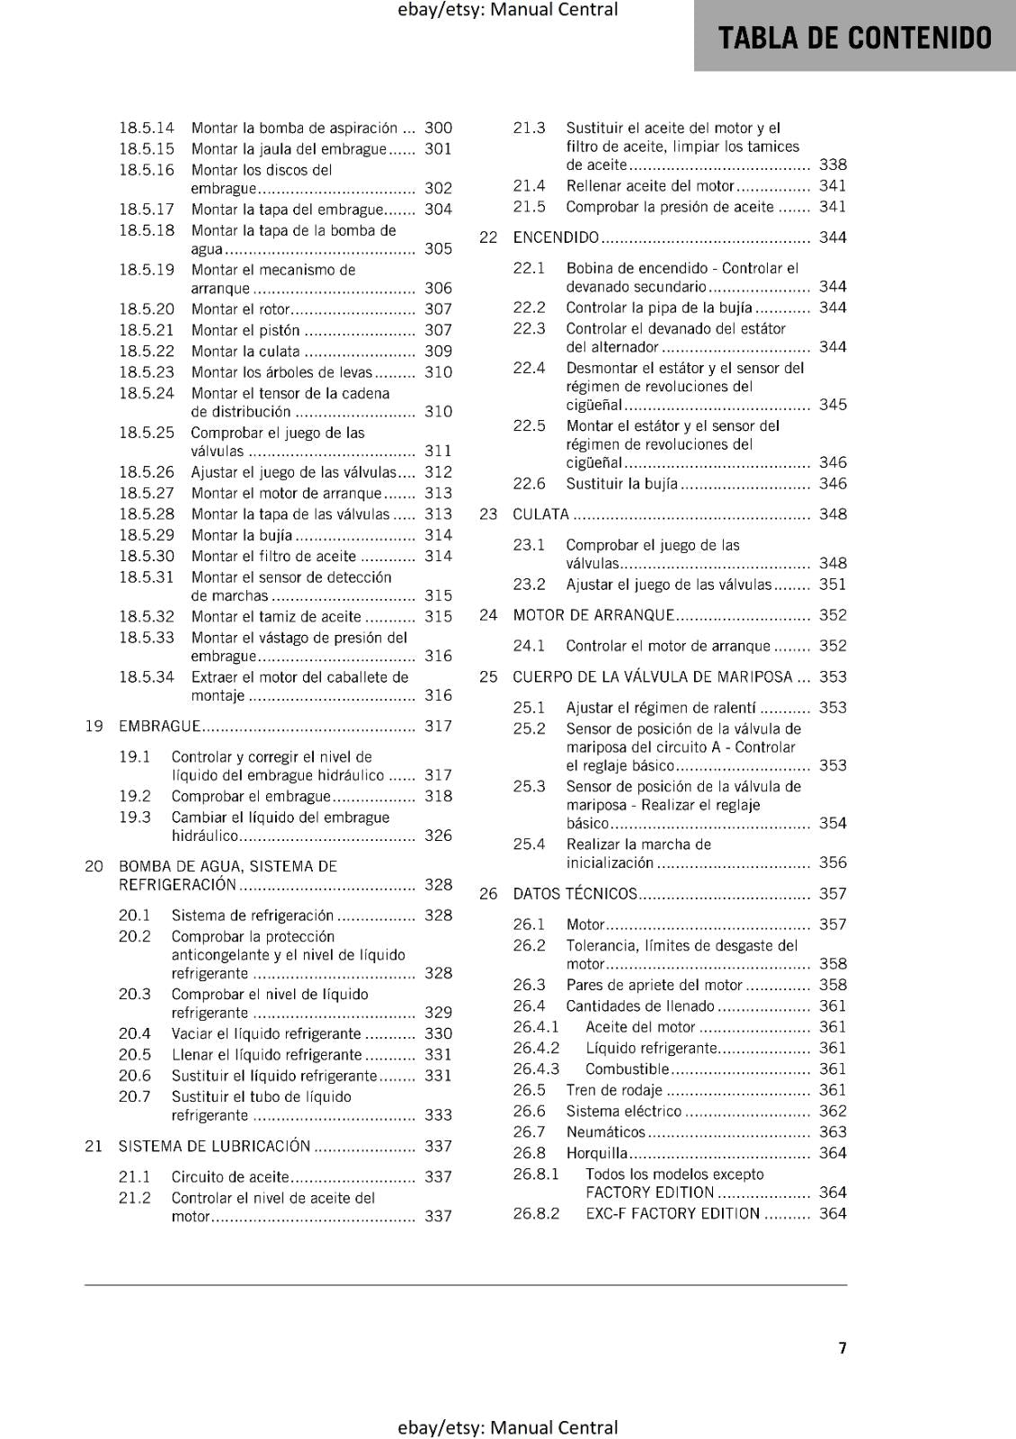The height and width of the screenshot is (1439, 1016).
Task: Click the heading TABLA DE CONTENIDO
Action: coord(855,38)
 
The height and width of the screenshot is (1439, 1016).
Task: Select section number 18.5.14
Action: coord(147,129)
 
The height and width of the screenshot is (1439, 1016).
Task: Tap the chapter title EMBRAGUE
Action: coord(159,727)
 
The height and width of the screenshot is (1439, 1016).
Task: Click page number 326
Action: coord(438,836)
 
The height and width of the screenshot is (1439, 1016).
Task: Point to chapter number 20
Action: coord(94,867)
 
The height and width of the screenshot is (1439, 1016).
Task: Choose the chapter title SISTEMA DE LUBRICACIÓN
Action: coord(214,1147)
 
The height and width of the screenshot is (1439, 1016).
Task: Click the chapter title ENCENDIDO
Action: coord(556,238)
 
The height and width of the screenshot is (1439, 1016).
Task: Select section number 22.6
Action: coord(529,484)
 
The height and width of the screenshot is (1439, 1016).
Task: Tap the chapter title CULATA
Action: coord(540,514)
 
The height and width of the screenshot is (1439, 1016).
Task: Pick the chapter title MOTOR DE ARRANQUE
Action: coord(593,616)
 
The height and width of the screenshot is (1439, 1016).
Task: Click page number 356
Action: coord(833,863)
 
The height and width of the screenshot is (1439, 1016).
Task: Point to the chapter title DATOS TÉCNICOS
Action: coord(575,894)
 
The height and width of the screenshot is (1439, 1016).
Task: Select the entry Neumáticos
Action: coord(605,1132)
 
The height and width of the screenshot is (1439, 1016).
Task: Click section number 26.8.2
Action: coord(536,1214)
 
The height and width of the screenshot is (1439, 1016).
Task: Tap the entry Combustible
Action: coord(627,1069)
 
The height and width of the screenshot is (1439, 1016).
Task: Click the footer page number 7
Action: coord(842,1348)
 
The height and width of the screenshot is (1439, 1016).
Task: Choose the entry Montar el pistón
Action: coord(245,331)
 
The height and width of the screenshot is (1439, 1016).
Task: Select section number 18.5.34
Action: coord(147,678)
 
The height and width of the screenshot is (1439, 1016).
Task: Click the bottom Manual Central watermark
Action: coord(508,1427)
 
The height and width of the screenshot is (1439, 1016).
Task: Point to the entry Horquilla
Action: coord(597,1153)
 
